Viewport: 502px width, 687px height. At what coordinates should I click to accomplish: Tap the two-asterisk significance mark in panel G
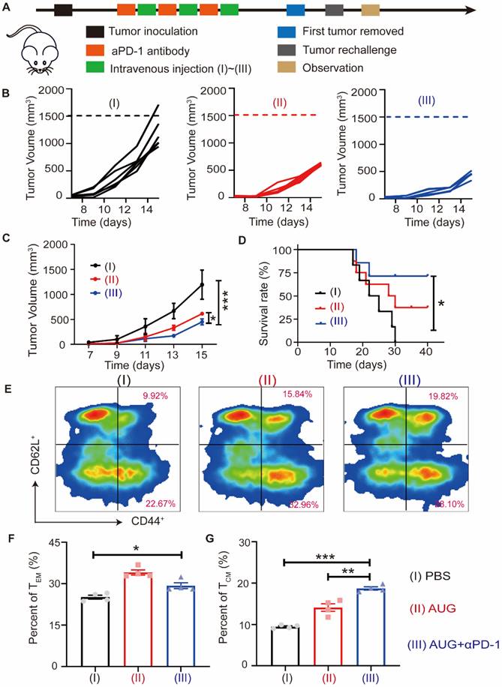(349, 572)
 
